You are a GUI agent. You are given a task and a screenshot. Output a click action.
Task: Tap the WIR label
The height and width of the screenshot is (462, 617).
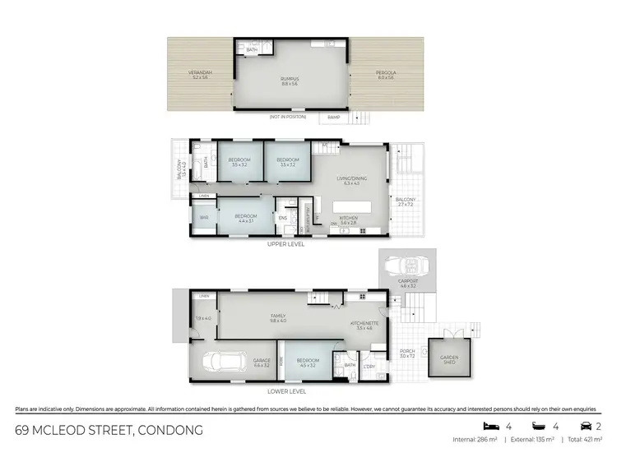[204, 218]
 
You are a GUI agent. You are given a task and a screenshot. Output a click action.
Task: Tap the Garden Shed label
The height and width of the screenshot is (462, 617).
[449, 359]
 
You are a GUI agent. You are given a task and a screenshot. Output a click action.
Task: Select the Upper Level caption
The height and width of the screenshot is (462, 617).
[285, 244]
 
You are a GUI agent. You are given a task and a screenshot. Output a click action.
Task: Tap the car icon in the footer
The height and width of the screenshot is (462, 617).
[585, 427]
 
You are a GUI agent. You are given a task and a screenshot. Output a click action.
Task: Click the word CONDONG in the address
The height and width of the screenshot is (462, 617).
[169, 431]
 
